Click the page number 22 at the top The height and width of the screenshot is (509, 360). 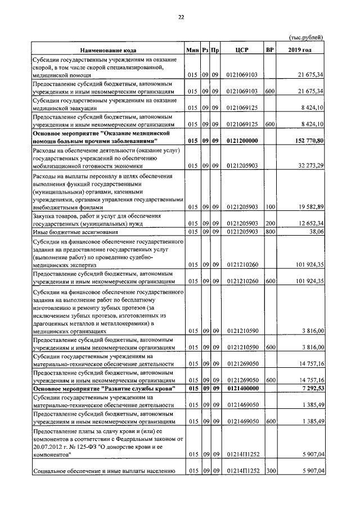pos(181,17)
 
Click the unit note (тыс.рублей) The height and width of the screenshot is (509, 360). pos(306,37)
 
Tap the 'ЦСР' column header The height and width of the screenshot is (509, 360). pos(242,50)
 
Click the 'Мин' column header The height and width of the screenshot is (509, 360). pos(192,50)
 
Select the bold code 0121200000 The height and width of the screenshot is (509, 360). pos(241,141)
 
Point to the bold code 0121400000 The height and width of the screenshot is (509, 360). pos(241,389)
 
